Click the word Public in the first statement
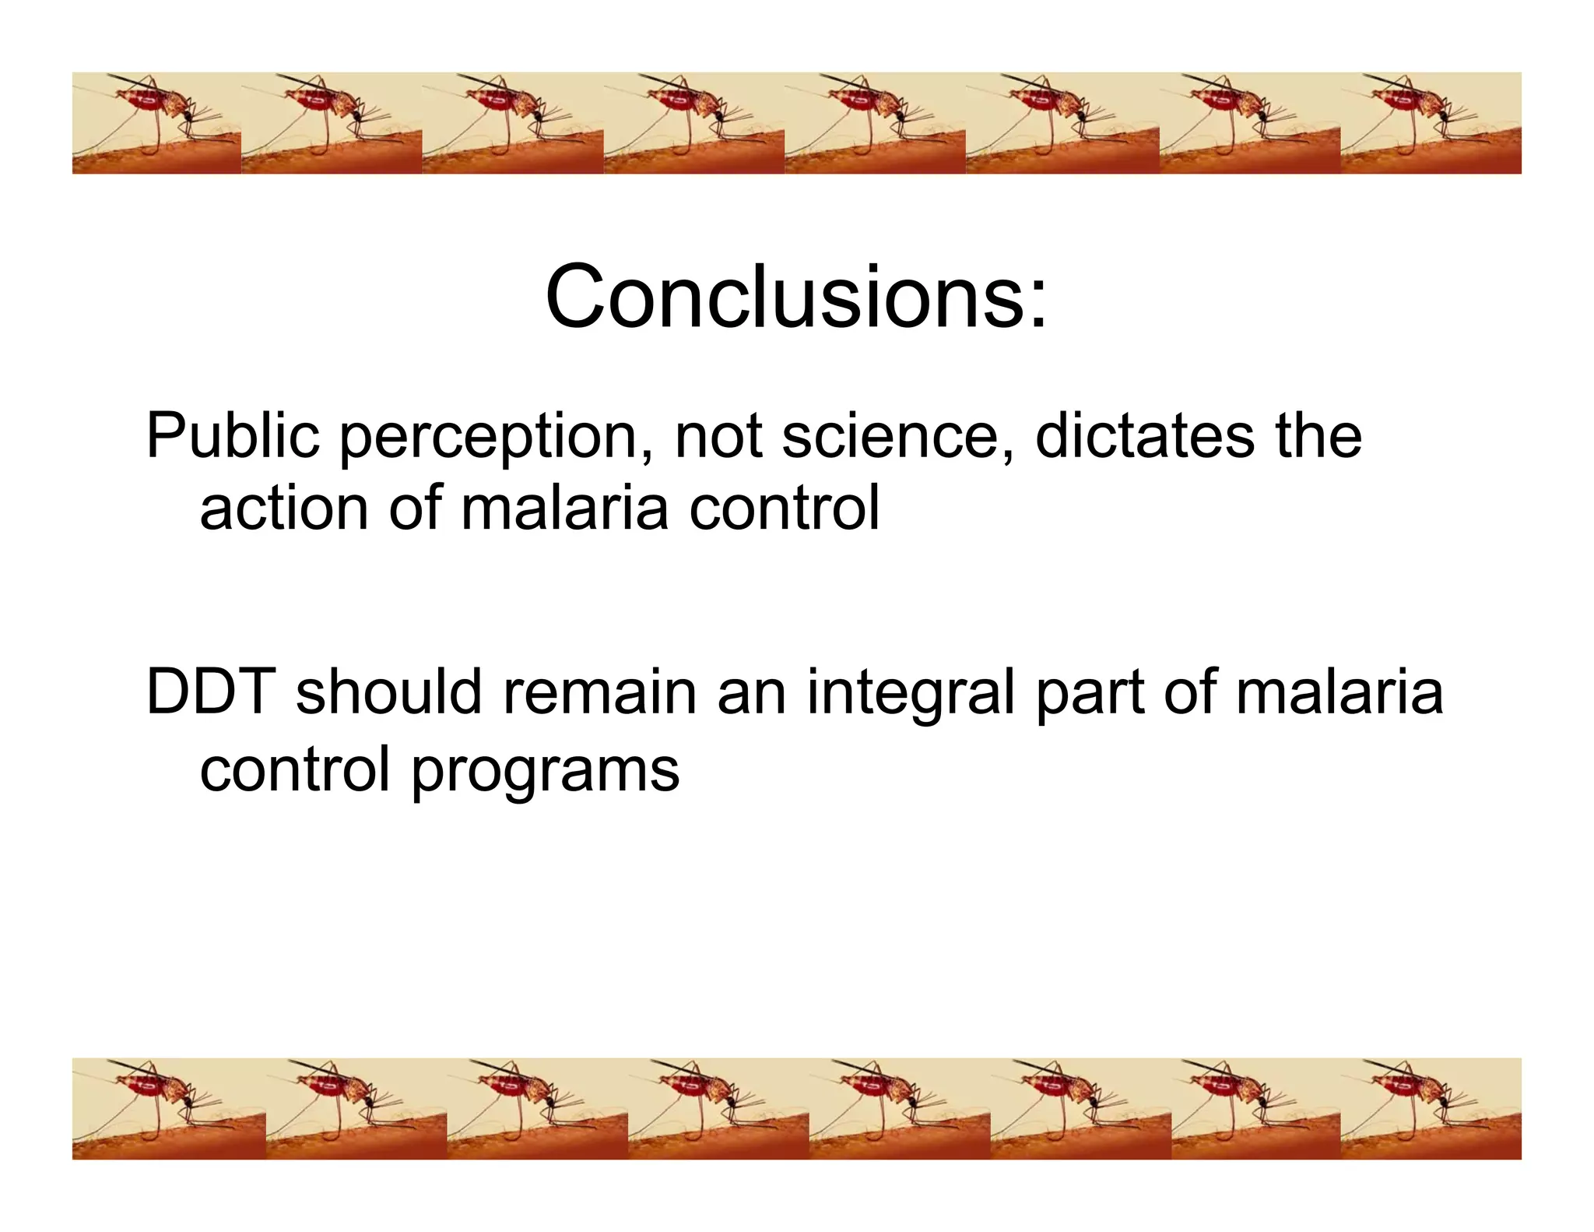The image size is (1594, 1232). [x=232, y=436]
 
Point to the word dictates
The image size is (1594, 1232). [x=1144, y=436]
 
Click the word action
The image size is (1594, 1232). [x=283, y=509]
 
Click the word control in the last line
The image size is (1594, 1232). [x=294, y=769]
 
